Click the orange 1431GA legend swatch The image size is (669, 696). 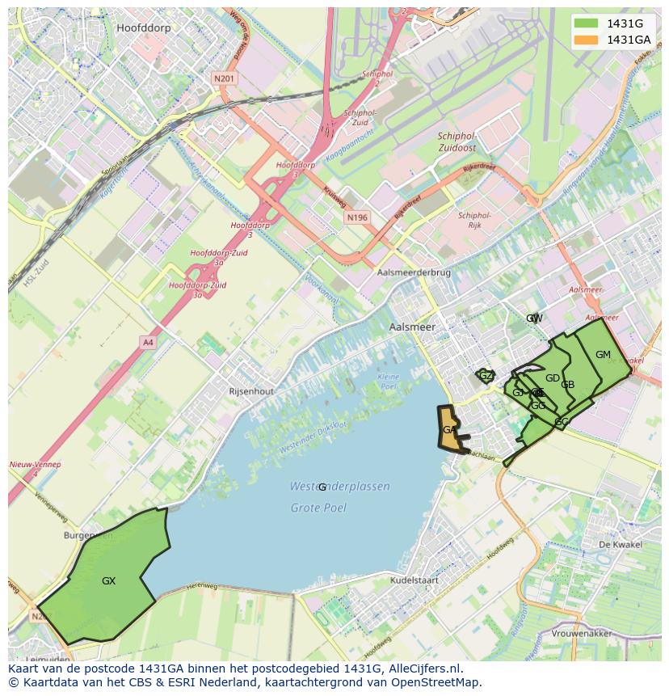coord(587,40)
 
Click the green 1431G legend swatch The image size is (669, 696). coord(587,23)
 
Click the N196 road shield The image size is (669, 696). coord(356,217)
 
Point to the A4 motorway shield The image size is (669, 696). coord(148,342)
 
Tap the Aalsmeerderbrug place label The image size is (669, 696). coord(413,273)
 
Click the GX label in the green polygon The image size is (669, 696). coord(108,580)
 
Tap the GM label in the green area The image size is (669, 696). coord(603,355)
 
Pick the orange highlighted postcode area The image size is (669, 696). coord(448,428)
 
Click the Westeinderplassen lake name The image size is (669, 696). coord(339,487)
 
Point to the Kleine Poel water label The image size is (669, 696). coord(389,381)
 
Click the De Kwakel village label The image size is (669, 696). coord(620,545)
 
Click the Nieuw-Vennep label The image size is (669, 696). coord(32,465)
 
